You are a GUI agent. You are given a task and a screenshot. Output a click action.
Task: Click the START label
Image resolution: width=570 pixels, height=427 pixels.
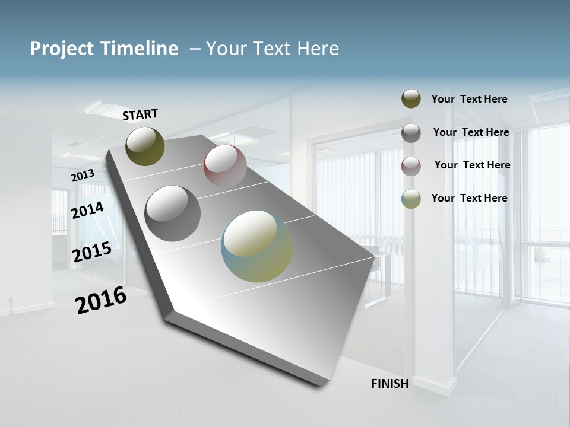(x=140, y=114)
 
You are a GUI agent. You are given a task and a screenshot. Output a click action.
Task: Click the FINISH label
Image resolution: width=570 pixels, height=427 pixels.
(x=389, y=384)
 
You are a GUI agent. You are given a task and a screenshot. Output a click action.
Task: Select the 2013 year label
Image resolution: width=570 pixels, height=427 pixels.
(x=83, y=176)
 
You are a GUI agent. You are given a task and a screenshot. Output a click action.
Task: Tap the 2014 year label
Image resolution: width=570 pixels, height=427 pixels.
(x=88, y=210)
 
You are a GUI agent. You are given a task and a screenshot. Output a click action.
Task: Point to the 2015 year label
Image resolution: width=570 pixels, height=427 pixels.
(x=92, y=252)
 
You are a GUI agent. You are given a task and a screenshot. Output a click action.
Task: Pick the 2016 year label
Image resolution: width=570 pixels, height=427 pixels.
(x=101, y=300)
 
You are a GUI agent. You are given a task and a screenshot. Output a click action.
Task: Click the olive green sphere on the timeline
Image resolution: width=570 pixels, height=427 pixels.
(x=145, y=146)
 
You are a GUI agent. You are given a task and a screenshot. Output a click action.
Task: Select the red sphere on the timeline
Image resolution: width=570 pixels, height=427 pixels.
(x=225, y=166)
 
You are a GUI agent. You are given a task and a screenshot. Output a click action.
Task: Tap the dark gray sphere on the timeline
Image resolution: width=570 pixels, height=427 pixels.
(x=173, y=213)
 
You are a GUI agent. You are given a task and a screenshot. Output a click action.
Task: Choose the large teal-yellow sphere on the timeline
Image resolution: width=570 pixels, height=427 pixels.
(x=257, y=246)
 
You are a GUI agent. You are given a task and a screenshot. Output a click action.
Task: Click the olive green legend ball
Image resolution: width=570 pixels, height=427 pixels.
(x=411, y=99)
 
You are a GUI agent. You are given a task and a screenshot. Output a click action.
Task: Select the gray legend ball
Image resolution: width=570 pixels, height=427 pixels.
(x=411, y=133)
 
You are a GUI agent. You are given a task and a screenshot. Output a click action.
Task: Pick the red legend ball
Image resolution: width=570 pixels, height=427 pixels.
(x=411, y=165)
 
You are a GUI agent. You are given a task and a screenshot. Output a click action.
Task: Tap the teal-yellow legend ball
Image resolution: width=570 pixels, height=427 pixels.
(x=411, y=199)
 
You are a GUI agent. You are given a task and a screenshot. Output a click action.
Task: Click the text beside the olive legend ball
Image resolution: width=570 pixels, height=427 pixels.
(x=469, y=99)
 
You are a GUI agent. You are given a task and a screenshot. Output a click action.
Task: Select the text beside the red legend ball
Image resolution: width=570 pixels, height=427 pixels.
(x=472, y=165)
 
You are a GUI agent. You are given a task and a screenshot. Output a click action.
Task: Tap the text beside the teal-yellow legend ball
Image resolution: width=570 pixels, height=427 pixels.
(x=469, y=198)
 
